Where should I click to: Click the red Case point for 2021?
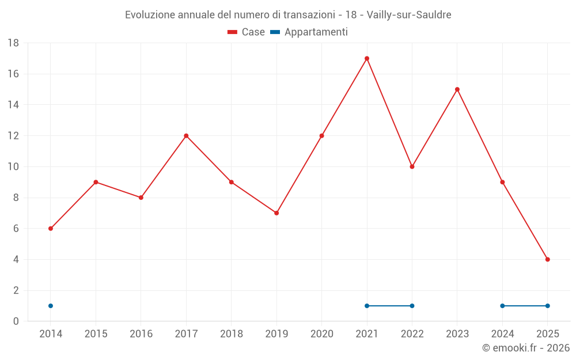tap(367, 58)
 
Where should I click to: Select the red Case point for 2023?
tap(457, 89)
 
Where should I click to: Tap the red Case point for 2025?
tap(548, 259)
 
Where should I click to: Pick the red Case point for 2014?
tap(51, 229)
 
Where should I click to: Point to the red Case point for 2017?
tap(186, 136)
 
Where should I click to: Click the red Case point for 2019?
tap(276, 213)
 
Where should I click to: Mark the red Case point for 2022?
tap(412, 166)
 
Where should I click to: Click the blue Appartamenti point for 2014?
tap(51, 306)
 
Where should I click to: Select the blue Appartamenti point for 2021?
tap(367, 306)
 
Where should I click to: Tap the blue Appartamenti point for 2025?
tap(548, 306)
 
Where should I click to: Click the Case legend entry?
tap(247, 32)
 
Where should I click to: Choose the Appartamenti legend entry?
tap(309, 32)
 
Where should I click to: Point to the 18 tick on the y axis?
tap(13, 43)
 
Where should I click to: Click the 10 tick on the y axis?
tap(13, 166)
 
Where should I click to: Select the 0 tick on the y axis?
tap(16, 321)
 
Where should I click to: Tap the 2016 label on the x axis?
tap(141, 334)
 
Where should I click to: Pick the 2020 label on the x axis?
tap(322, 334)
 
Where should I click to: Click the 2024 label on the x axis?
tap(502, 334)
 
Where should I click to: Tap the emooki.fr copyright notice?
tap(526, 348)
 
